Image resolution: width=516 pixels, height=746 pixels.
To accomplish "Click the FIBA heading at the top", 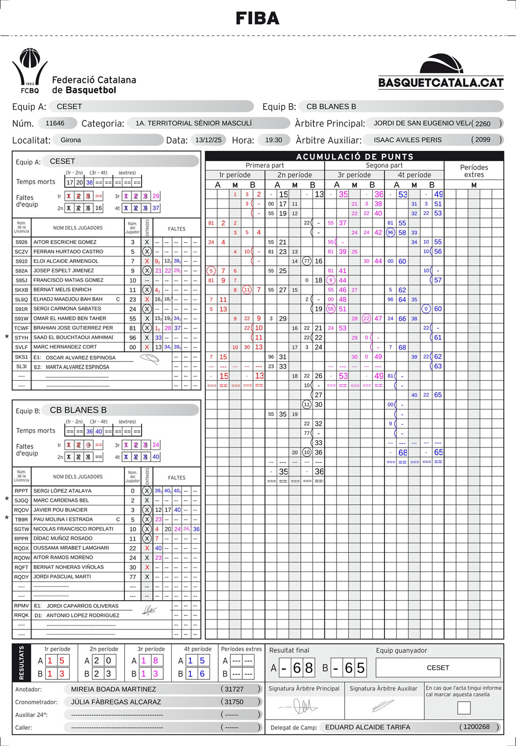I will [257, 19].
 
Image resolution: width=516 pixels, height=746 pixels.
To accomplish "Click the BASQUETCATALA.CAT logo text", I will [441, 83].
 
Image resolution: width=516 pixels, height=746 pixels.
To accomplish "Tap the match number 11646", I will [55, 123].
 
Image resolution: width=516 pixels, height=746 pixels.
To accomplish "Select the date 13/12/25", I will [209, 140].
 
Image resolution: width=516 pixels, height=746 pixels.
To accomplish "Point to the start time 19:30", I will [274, 140].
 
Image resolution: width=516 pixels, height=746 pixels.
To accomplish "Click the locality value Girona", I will [71, 140].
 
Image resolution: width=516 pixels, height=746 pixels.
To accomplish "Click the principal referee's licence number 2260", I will [482, 124].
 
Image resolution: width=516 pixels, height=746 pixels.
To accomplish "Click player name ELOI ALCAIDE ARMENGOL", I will [66, 261].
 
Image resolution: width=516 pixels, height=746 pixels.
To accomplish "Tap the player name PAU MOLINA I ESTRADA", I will [63, 519].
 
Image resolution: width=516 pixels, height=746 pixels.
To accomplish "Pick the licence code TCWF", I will [22, 328].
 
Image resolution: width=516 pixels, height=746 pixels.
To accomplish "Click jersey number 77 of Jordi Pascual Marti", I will [133, 577].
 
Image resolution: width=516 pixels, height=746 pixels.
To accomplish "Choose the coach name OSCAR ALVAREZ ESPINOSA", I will [81, 358].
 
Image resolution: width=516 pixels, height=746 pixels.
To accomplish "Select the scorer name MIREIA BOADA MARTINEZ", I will [113, 689].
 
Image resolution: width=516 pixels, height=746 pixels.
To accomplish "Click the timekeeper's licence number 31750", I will [234, 702].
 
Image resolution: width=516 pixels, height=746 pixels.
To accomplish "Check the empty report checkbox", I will [464, 708].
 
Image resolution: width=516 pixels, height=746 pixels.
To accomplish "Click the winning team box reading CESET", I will [437, 668].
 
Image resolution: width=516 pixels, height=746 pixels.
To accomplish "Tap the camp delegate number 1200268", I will [476, 727].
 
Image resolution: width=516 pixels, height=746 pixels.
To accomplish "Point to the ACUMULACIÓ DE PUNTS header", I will [354, 156].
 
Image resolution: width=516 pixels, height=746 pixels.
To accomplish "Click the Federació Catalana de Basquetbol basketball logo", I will [30, 71].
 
